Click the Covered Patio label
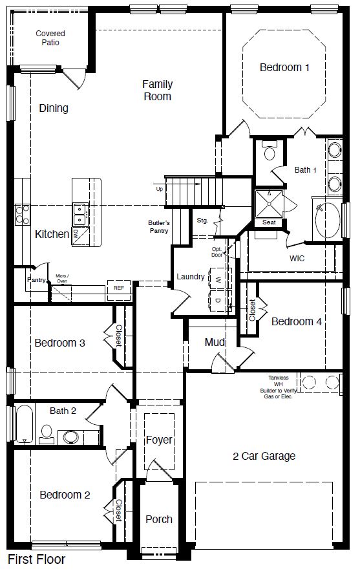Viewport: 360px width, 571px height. coord(50,38)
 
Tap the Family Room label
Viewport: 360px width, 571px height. coord(157,90)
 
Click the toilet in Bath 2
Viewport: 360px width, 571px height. coord(47,433)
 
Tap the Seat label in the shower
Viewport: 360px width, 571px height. coord(269,222)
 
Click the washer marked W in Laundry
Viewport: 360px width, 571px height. coord(218,279)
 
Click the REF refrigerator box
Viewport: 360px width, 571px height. coord(119,288)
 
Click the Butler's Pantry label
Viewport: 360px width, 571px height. coord(158,226)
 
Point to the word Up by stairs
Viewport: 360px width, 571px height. coord(159,189)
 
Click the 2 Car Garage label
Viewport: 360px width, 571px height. coord(264,456)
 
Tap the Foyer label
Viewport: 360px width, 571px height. coord(159,440)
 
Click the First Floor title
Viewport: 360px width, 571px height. coord(36,558)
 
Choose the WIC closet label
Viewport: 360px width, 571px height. coord(297,258)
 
